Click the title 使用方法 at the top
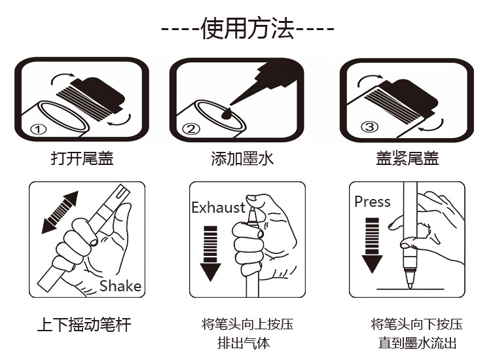click(x=247, y=28)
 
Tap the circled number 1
click(x=39, y=129)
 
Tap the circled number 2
click(x=191, y=129)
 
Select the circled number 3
click(x=370, y=127)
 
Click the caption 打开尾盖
click(x=82, y=158)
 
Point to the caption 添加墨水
click(x=242, y=158)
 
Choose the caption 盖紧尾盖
click(x=407, y=158)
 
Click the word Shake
click(x=120, y=286)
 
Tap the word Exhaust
click(x=218, y=207)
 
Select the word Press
click(x=373, y=202)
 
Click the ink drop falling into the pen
click(x=227, y=114)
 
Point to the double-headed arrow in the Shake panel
click(x=60, y=212)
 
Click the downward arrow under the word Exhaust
click(x=210, y=253)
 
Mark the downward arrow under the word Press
click(x=372, y=245)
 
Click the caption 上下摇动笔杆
click(x=84, y=324)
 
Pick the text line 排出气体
click(x=244, y=343)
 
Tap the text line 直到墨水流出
click(x=418, y=343)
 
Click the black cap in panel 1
click(x=98, y=93)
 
